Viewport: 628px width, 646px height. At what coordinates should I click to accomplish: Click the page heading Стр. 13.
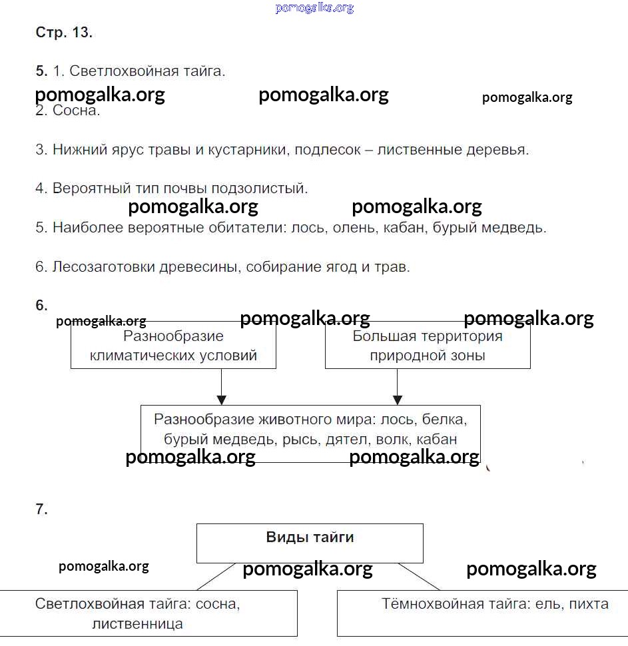coord(64,33)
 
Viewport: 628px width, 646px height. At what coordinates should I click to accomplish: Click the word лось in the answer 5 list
coord(306,228)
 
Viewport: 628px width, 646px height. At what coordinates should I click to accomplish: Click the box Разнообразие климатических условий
coord(173,346)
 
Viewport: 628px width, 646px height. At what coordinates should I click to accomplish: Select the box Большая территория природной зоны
coord(428,346)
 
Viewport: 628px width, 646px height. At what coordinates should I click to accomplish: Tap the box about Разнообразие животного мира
coord(310,429)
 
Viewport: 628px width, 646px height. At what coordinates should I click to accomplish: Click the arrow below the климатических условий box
coord(222,387)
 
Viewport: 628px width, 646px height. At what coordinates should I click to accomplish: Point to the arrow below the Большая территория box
coord(398,387)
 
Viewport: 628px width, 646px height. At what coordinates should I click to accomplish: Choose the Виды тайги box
coord(310,542)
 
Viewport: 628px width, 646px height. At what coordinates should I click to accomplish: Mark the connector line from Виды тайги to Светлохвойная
coord(216,577)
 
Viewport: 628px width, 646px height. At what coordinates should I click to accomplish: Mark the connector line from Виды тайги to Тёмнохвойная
coord(420,577)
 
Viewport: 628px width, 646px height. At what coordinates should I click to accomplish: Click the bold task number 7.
coord(41,509)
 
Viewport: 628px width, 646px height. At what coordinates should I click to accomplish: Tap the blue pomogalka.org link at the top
coord(314,8)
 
